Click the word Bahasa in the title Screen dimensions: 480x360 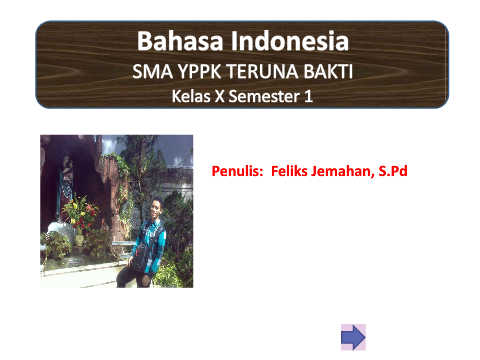(x=180, y=41)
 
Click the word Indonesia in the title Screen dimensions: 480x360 (x=290, y=41)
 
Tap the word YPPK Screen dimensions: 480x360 (x=199, y=71)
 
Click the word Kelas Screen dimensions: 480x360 (x=191, y=96)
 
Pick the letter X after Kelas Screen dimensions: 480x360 (x=220, y=96)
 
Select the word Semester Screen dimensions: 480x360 (x=264, y=96)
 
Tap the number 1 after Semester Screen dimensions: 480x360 (x=308, y=96)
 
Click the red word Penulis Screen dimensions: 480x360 (x=237, y=171)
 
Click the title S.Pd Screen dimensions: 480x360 (x=393, y=171)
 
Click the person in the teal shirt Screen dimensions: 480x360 (x=143, y=244)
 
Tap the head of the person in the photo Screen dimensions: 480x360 (x=156, y=208)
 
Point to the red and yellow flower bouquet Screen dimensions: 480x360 (x=81, y=212)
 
